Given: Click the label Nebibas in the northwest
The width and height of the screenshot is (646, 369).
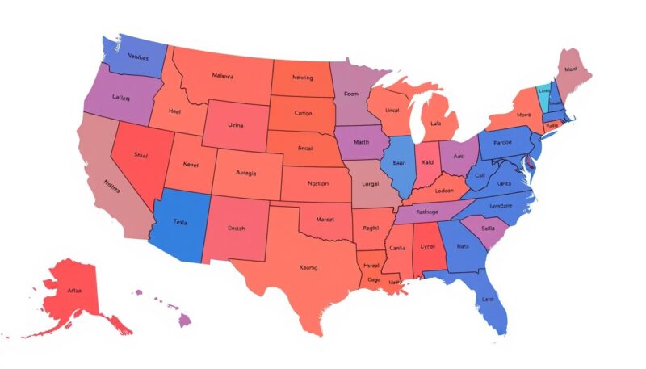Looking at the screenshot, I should (132, 58).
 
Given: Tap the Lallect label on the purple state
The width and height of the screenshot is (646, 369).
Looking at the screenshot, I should (122, 97).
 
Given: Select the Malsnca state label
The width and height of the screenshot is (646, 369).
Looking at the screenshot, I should (222, 77).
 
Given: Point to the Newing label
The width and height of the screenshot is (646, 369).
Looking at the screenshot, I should (302, 79).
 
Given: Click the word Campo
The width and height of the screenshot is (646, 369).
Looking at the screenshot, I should (303, 113).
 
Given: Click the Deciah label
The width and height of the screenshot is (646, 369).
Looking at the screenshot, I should (237, 229).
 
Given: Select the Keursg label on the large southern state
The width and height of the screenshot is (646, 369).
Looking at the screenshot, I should (308, 267).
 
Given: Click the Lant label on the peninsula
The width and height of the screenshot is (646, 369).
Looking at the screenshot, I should (487, 300).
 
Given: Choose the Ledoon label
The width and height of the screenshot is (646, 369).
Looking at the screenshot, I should (443, 191).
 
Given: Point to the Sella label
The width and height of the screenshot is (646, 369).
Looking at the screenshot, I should (489, 228).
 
